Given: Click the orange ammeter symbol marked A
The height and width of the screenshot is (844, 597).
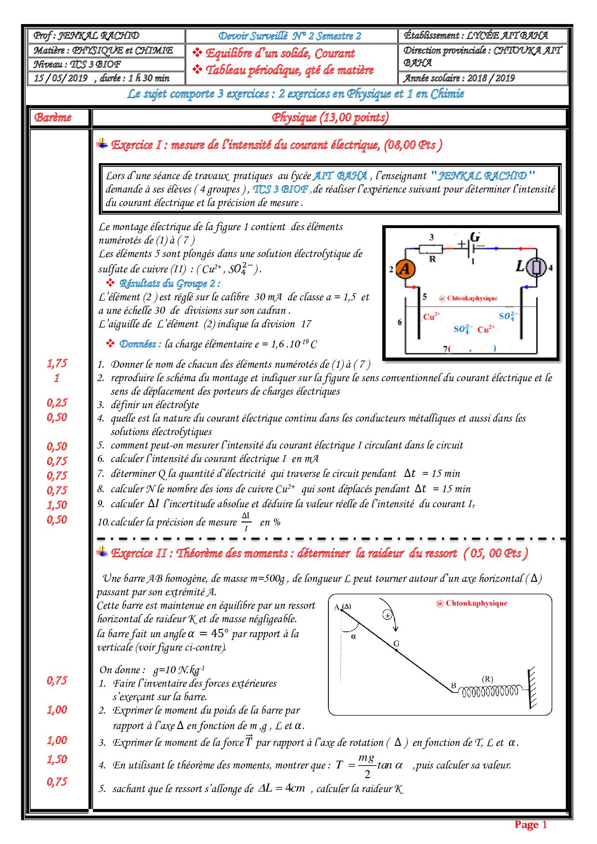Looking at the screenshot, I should (405, 269).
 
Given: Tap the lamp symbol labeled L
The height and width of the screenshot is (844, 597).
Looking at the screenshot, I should (536, 267).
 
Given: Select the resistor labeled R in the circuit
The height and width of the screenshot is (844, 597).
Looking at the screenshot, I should (431, 249).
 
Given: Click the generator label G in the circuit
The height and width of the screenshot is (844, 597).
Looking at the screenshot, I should (475, 237).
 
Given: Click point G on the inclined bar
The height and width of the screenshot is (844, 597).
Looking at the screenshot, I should (396, 650).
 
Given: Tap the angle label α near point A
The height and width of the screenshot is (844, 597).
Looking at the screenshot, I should (354, 636).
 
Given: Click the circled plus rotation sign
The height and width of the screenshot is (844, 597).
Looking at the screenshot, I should (388, 615).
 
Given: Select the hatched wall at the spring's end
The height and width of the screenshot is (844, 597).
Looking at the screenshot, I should (532, 688).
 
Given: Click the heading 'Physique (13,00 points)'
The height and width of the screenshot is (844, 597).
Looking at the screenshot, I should (330, 117).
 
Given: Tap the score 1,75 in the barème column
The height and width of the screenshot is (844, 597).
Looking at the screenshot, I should (57, 363).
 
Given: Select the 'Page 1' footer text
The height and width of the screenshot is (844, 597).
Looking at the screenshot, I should (531, 824).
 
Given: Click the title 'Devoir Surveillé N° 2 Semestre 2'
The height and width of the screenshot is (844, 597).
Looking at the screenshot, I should (290, 36).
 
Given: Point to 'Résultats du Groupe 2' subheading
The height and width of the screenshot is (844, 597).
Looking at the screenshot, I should (169, 283).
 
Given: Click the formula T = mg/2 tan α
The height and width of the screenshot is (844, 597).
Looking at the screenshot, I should (369, 765).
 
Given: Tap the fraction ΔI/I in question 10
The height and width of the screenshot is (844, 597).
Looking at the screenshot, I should (246, 522).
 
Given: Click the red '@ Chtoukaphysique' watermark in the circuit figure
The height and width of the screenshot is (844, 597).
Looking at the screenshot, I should (468, 298).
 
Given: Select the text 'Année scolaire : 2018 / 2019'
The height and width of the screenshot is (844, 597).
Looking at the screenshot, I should (459, 78).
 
